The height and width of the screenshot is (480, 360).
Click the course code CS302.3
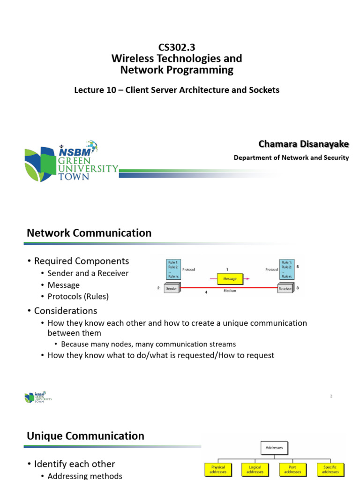[177, 47]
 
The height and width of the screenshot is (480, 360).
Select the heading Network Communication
[89, 233]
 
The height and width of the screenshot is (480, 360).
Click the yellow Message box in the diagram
[230, 278]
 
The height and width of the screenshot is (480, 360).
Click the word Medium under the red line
[230, 291]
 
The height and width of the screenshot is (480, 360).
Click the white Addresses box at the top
[274, 448]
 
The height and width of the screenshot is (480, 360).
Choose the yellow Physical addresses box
[218, 469]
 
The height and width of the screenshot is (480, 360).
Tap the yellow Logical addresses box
[255, 469]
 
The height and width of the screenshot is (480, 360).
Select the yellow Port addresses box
[293, 469]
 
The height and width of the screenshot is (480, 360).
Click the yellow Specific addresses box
[330, 469]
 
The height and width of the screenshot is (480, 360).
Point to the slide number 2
[331, 396]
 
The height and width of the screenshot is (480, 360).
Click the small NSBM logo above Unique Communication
[38, 397]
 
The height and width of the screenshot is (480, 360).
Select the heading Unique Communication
[85, 436]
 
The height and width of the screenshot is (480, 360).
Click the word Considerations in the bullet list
[66, 311]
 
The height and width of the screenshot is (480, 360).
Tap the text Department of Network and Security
[291, 157]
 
